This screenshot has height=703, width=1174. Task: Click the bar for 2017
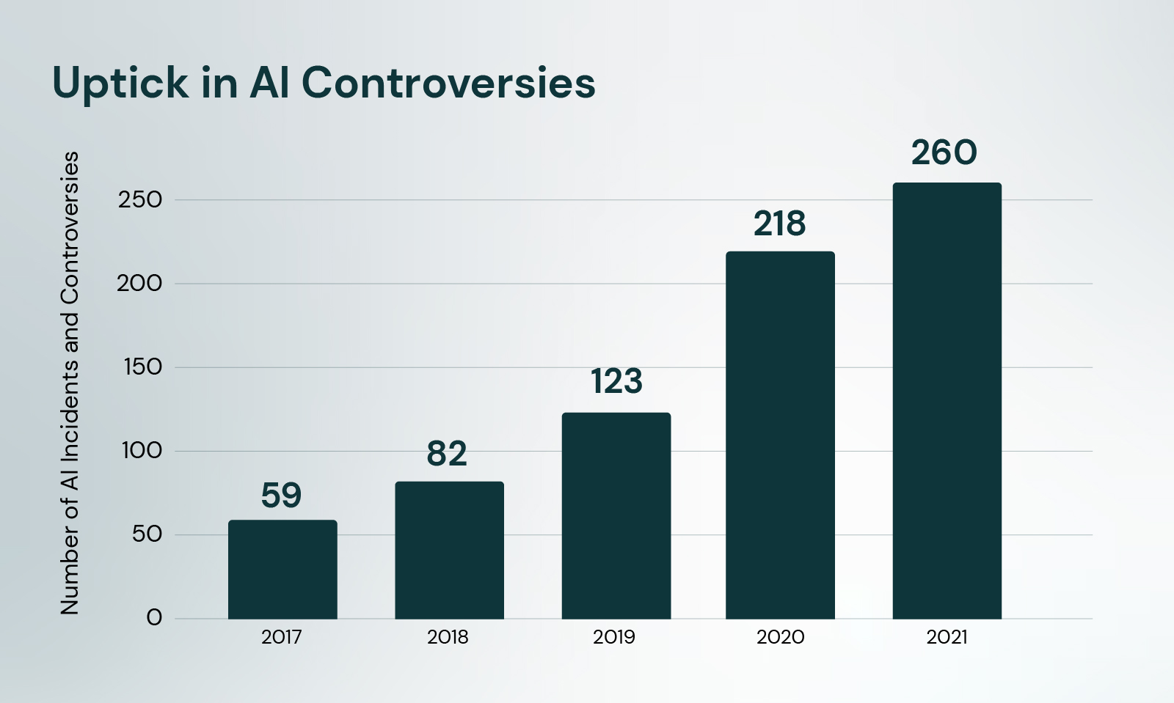[282, 570]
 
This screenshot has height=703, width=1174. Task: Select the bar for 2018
[449, 550]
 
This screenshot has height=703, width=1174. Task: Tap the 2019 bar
[616, 515]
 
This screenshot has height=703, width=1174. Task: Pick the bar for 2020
[780, 435]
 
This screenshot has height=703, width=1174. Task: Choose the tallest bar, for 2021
[947, 400]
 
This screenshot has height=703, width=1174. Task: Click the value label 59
[282, 496]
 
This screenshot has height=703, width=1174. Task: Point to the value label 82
[447, 454]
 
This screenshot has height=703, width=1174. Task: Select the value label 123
[616, 382]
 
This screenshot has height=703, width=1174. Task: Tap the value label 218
[779, 224]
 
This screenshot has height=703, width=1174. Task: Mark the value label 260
[944, 152]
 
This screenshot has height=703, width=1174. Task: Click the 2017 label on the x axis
[282, 637]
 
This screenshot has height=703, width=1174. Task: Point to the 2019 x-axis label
[614, 637]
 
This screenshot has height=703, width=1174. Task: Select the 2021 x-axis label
[947, 637]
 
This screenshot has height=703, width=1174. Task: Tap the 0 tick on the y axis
[154, 618]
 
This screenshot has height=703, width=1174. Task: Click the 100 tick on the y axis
[142, 451]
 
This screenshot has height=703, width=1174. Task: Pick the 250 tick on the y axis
[140, 199]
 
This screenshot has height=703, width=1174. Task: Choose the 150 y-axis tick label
[142, 367]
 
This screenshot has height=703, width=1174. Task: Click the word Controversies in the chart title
[448, 82]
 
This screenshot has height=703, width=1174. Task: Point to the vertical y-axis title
[70, 383]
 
